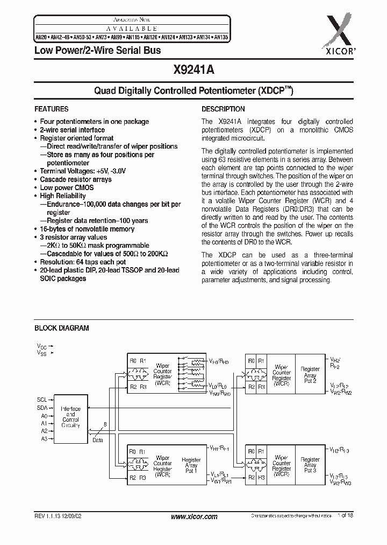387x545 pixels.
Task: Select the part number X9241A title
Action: click(x=193, y=69)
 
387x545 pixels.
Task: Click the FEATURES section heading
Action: click(x=52, y=109)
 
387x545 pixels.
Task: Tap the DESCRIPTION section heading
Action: click(x=223, y=109)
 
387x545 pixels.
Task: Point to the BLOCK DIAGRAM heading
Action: click(x=62, y=328)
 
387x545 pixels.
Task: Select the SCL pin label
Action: click(x=42, y=400)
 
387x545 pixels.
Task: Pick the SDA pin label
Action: click(x=42, y=408)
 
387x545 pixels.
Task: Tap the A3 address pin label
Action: click(x=44, y=439)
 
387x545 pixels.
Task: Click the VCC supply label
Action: click(x=41, y=346)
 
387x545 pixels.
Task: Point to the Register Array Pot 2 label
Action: click(x=310, y=372)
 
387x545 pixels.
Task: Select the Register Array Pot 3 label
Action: click(x=310, y=465)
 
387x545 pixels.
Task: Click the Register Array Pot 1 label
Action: click(x=191, y=465)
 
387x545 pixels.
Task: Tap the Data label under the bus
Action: click(x=97, y=440)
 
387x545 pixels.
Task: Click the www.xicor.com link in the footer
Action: click(x=193, y=516)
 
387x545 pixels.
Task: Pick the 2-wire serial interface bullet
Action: click(x=73, y=130)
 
